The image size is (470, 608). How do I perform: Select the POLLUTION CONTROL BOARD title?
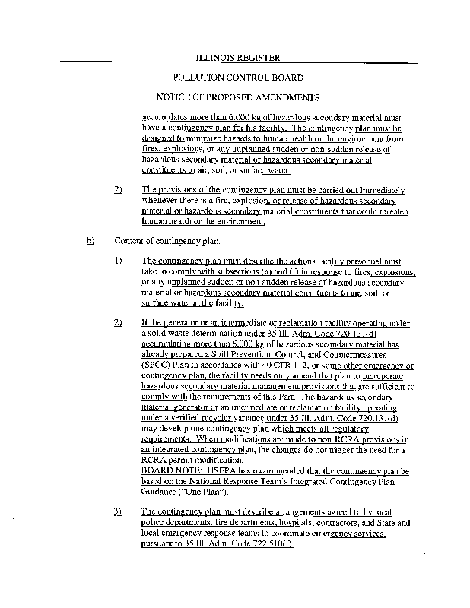238,78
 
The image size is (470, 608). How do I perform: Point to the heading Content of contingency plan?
167,241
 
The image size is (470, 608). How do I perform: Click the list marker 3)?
118,511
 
